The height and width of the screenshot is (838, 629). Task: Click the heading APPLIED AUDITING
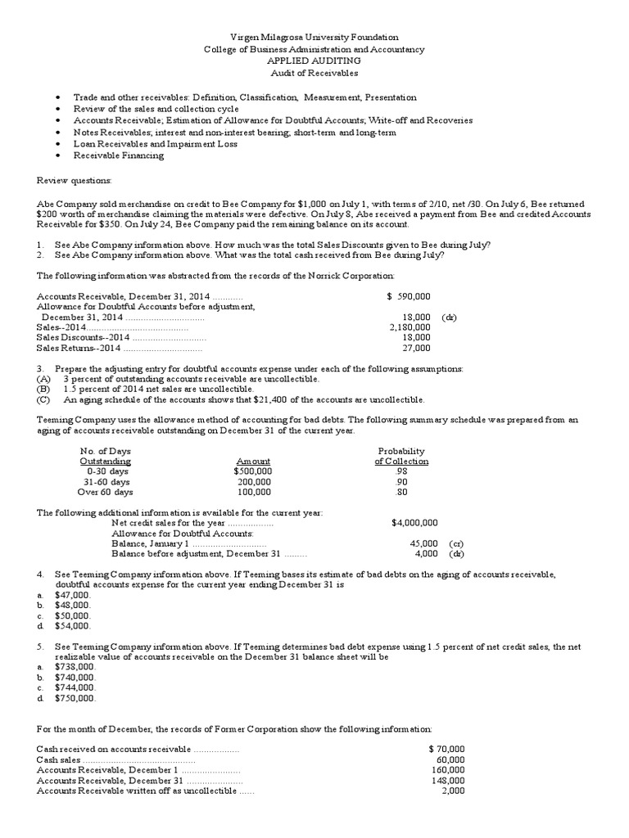coord(314,61)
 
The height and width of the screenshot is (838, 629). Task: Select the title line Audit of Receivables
coord(314,72)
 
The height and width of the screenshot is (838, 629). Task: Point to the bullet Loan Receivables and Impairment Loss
coord(155,143)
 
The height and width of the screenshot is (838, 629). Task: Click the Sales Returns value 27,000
coord(416,347)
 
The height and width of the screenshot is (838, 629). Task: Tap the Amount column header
coord(253,462)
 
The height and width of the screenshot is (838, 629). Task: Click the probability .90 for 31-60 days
coord(400,482)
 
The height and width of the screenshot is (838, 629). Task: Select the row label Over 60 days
coord(105,493)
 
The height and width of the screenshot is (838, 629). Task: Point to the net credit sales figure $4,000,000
coord(414,522)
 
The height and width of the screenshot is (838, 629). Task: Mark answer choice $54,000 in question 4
coord(72,626)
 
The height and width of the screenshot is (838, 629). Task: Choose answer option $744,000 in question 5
coord(75,688)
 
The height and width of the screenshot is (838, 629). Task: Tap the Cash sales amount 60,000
coord(450,759)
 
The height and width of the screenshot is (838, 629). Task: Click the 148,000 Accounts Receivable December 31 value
coord(446,781)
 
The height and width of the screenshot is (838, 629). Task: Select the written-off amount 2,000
coord(453,791)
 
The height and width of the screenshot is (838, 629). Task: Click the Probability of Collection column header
coord(401,456)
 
